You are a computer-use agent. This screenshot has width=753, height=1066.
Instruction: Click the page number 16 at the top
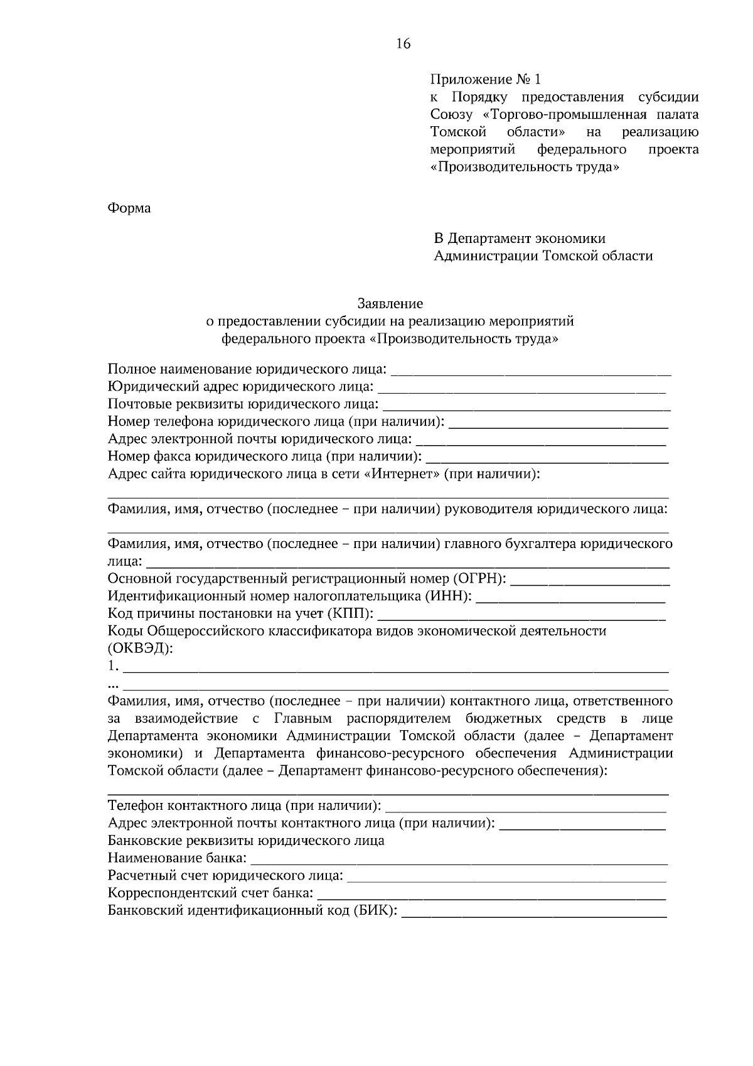click(x=403, y=43)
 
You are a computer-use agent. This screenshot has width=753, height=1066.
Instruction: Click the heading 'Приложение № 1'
click(x=484, y=80)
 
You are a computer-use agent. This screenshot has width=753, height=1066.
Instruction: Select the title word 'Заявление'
click(x=390, y=304)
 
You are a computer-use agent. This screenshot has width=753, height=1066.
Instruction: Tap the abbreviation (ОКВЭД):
click(x=140, y=649)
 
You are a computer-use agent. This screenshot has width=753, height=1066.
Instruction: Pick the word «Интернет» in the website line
click(x=402, y=474)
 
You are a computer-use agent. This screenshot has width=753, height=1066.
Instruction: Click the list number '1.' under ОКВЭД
click(x=112, y=665)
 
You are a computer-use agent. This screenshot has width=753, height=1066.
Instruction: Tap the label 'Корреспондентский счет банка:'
click(x=210, y=893)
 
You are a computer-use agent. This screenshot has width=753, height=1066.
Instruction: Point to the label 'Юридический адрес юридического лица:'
click(x=241, y=386)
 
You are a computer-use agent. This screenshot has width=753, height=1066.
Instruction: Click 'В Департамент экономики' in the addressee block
click(x=520, y=239)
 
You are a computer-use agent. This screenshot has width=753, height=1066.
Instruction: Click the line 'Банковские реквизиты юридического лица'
click(x=246, y=841)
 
